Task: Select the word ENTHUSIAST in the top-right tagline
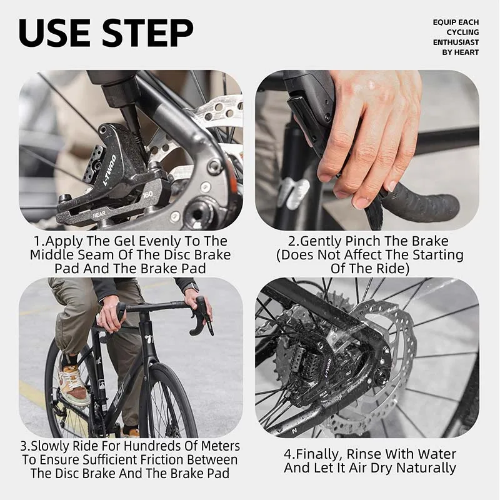(x=456, y=42)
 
